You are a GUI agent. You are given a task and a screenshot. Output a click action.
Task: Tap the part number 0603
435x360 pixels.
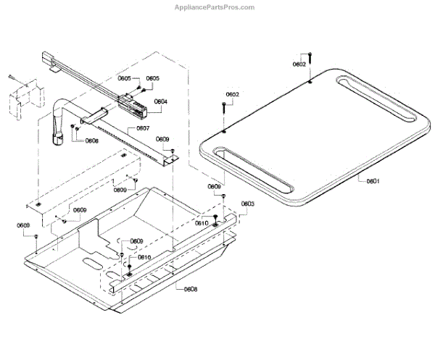tap(247, 204)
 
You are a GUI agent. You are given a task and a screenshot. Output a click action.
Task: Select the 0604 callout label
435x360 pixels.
tap(160, 102)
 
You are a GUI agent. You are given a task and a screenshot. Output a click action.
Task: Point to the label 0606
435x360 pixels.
tap(92, 141)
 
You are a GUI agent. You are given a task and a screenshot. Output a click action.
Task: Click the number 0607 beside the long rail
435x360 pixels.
tap(142, 128)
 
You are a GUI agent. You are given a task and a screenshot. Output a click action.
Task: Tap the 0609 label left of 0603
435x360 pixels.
tap(215, 187)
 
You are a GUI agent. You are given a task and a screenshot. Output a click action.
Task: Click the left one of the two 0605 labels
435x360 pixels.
tap(125, 78)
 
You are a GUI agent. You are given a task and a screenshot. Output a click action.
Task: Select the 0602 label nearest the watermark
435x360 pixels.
tap(299, 64)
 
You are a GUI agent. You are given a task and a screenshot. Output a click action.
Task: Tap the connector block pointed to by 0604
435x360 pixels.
tap(137, 108)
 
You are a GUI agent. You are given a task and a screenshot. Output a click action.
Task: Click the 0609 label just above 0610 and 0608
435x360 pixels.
tap(136, 241)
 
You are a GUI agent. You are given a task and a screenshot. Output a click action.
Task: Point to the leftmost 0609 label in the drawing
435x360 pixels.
tap(23, 225)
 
